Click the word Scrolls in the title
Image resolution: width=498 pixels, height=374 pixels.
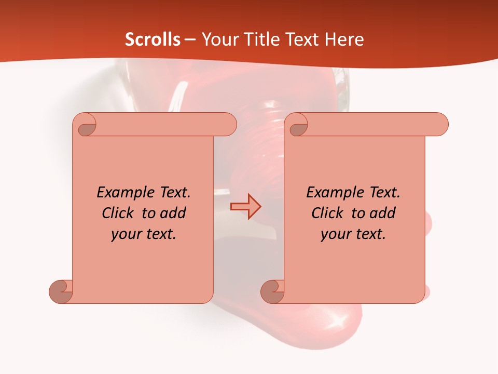coord(153,39)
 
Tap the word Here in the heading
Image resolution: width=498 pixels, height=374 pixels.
coord(344,39)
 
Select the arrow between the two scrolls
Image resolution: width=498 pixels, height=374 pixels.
coord(245,206)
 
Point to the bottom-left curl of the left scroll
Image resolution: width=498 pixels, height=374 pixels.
coord(61,291)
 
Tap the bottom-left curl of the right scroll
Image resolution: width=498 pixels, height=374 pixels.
coord(272,291)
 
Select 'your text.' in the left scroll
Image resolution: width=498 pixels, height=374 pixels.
coord(144,234)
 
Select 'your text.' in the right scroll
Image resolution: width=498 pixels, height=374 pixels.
coord(353,234)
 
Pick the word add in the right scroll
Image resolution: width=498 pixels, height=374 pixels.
coord(382,213)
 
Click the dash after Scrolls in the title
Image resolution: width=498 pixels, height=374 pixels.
coord(190,40)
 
